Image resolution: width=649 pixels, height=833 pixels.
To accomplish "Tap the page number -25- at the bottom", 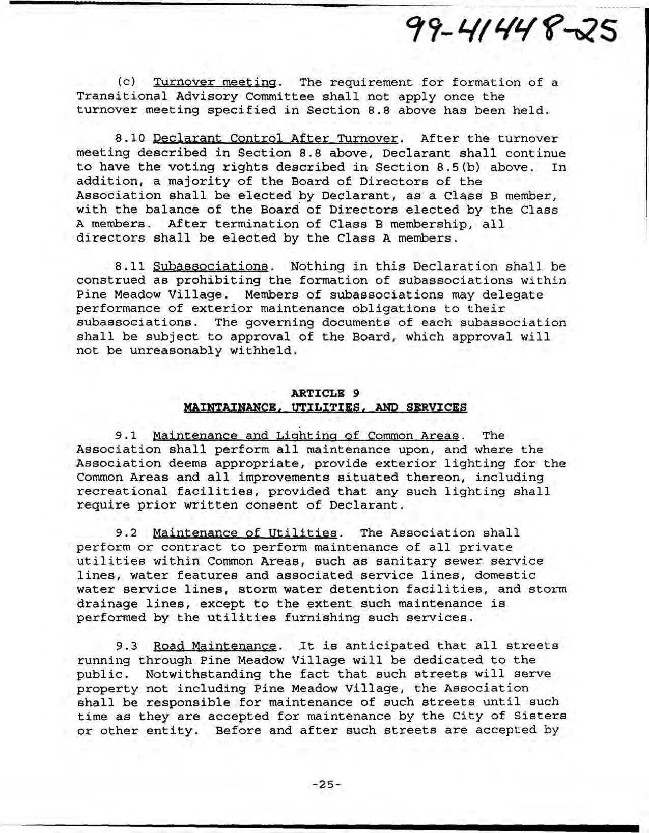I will tap(326, 784).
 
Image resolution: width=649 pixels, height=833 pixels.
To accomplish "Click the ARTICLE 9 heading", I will tap(325, 393).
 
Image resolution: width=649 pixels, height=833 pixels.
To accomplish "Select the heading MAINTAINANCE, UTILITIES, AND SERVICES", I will tap(325, 407).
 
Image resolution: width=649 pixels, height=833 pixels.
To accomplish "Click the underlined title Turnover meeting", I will tap(215, 82).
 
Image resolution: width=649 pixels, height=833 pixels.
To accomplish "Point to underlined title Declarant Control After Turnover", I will tap(275, 139).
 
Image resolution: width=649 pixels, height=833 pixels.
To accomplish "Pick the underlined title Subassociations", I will tap(210, 266).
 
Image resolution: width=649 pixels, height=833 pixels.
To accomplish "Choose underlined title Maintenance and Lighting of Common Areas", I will tap(305, 436).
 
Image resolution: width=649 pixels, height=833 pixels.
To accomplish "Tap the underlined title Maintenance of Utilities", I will tap(245, 533).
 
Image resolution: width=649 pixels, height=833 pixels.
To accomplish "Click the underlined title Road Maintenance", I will tap(214, 646).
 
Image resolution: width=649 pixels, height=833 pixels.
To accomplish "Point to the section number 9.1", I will tap(125, 436).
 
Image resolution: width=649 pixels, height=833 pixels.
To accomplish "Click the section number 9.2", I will tap(125, 533).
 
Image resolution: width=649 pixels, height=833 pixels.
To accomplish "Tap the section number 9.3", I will tap(125, 646).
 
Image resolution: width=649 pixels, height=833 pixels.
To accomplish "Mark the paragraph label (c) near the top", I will tap(125, 82).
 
